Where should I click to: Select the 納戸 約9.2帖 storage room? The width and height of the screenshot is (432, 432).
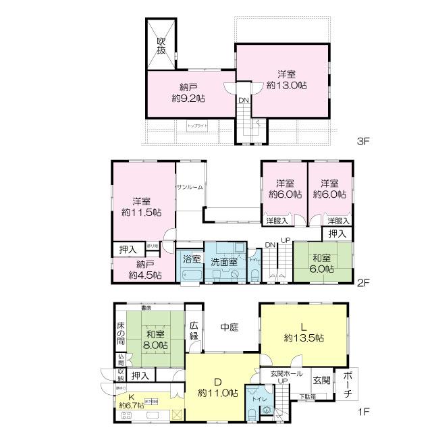pyautogui.click(x=188, y=92)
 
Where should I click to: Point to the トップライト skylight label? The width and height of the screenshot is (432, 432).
pyautogui.click(x=198, y=126)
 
